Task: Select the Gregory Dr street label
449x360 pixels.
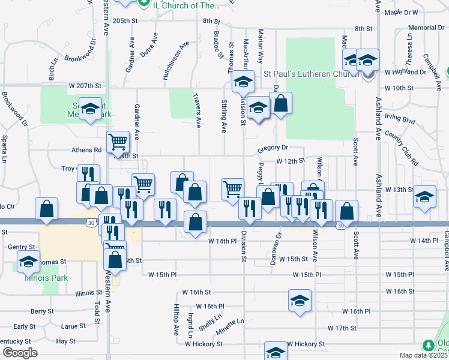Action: click(x=273, y=148)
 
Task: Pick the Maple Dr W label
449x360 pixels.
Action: click(x=400, y=12)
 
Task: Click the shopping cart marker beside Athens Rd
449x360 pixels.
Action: click(x=118, y=142)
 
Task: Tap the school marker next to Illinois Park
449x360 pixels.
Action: click(x=28, y=262)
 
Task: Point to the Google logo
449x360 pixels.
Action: click(x=20, y=353)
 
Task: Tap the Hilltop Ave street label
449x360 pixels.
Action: click(x=176, y=319)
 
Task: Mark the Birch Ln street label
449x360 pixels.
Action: click(x=52, y=69)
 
